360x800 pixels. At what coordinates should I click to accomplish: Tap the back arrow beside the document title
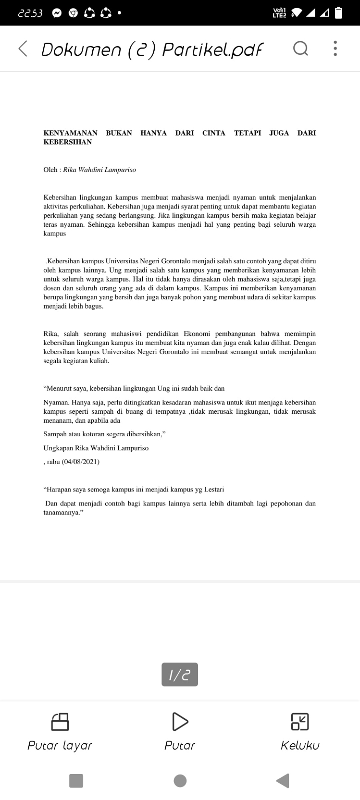click(x=23, y=49)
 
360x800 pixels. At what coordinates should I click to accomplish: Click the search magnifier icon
click(x=300, y=49)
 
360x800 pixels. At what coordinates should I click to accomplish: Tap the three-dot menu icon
click(x=335, y=49)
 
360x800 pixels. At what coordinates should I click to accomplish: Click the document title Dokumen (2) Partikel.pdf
click(x=152, y=49)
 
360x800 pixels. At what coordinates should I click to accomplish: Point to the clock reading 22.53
click(x=30, y=13)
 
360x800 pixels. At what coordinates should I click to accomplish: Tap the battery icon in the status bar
click(x=338, y=13)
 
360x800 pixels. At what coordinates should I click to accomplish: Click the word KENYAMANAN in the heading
click(x=70, y=133)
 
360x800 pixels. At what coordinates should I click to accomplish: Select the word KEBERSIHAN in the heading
click(x=67, y=142)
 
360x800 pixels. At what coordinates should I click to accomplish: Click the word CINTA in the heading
click(x=213, y=133)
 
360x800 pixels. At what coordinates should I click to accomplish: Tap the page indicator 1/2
click(x=180, y=675)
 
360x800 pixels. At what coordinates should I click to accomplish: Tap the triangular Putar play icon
click(x=180, y=721)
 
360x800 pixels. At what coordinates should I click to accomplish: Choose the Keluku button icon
click(x=300, y=721)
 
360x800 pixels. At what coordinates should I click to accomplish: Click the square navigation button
click(x=76, y=781)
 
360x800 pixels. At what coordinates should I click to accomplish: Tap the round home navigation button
click(x=180, y=781)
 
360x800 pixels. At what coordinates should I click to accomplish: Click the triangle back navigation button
click(x=283, y=781)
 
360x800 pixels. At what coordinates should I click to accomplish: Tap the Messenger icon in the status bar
click(x=57, y=13)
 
